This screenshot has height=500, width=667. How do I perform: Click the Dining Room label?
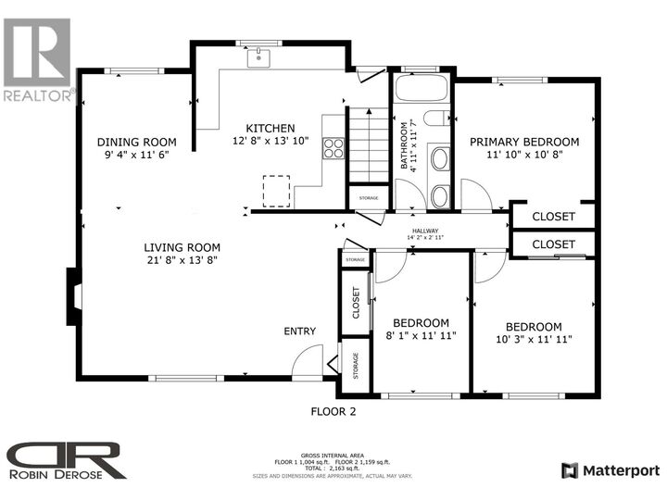137,142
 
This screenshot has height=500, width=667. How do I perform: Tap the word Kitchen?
271,128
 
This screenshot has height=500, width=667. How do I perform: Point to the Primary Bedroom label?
523,142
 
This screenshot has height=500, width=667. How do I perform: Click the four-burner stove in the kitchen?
333,148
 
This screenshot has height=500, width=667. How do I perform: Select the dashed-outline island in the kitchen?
276,192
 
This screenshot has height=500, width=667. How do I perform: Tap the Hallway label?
426,231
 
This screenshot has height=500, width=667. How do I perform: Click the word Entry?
300,331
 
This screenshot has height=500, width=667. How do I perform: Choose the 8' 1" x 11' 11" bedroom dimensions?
420,336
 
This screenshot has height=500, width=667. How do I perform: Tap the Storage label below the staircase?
368,197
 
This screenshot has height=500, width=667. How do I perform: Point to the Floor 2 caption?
333,411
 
